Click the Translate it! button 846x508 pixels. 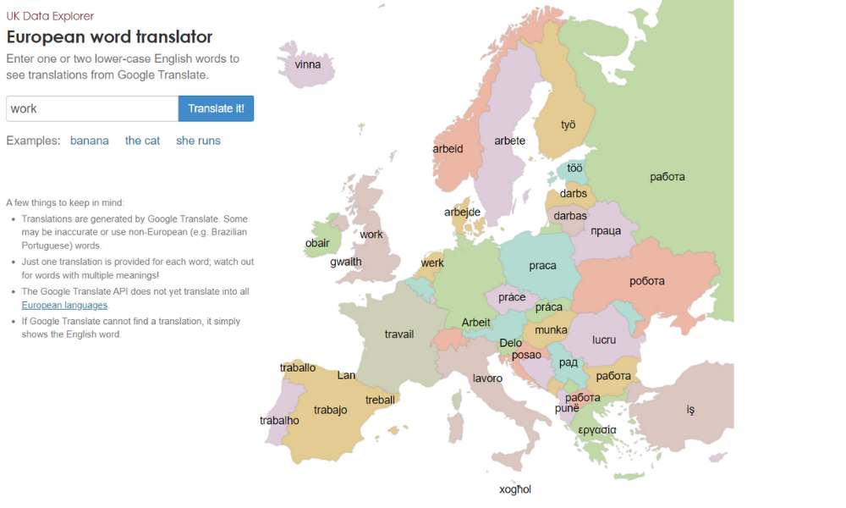tap(216, 108)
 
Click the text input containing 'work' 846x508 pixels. tap(92, 108)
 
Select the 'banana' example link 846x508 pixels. tap(90, 141)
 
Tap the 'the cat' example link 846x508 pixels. tap(142, 141)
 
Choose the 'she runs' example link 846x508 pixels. tap(198, 141)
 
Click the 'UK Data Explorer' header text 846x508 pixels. tap(50, 16)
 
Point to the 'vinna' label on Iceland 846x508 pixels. tap(308, 64)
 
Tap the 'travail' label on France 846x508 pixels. tap(399, 334)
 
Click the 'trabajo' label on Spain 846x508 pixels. tap(330, 410)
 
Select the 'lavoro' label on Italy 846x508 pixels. tap(487, 378)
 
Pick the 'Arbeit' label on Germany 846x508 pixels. tap(476, 323)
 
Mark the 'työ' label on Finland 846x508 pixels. tap(569, 124)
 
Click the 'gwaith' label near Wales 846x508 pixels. tap(346, 262)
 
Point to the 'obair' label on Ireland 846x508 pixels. tap(317, 243)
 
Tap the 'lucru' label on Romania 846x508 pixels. tap(604, 340)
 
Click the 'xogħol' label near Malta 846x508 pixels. tap(515, 489)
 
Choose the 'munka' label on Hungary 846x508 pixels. tap(551, 329)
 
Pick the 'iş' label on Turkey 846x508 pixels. tap(690, 410)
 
